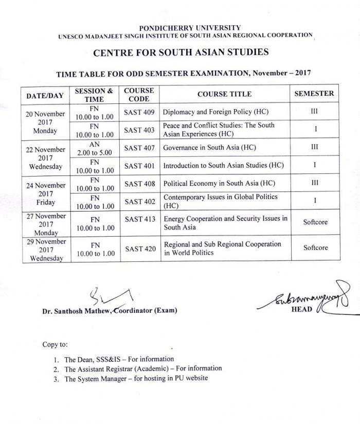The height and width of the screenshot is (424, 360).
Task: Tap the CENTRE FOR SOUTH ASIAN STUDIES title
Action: pos(181,52)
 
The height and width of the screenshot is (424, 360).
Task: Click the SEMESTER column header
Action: pos(314,94)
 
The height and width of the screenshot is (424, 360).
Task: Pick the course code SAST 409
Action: pos(139,112)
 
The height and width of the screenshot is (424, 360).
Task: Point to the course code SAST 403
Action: pos(139,130)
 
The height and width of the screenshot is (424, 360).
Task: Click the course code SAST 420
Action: pos(140,249)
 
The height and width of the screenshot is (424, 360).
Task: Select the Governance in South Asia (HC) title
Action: pos(209,148)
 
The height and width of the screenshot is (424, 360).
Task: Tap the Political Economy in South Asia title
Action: pos(219,184)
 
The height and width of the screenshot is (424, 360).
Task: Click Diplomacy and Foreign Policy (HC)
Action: pos(215,112)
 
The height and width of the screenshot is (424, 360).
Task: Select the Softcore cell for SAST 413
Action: pos(315,222)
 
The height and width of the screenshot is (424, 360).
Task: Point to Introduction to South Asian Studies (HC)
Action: pos(223,166)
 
